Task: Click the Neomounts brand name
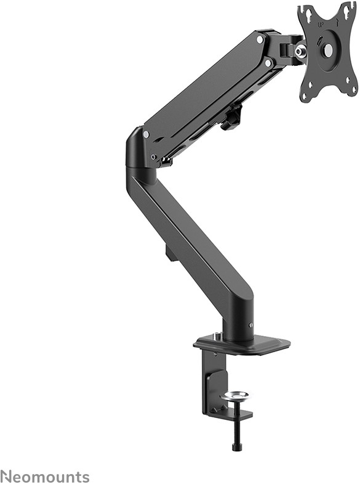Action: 45,477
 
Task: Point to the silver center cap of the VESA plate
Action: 329,49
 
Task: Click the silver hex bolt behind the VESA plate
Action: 301,50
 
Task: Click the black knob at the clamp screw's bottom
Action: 234,448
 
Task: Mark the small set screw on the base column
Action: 250,325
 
